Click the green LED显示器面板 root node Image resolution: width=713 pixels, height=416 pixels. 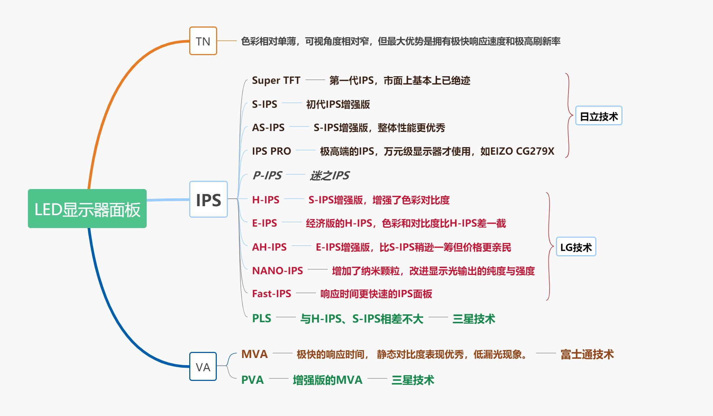87,209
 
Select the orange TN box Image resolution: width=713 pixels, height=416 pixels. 203,41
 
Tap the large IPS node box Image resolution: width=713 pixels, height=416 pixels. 208,199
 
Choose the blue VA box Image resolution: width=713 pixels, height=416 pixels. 203,367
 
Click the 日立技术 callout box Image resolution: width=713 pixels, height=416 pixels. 599,116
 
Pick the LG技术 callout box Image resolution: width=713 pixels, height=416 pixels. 576,247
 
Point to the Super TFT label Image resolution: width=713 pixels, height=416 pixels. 276,80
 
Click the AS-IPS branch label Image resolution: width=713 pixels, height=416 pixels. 268,127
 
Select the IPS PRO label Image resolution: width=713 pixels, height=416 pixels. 271,151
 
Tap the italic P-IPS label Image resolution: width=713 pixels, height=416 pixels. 267,175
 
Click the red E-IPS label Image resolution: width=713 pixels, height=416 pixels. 264,223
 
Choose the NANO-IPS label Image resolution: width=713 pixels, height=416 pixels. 277,271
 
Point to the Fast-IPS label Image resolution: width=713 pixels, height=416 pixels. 271,294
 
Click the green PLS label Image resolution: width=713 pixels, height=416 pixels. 262,318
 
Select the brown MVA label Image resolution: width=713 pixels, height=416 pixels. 254,354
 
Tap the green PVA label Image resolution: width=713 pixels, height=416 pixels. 252,380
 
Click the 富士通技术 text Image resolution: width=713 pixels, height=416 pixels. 587,354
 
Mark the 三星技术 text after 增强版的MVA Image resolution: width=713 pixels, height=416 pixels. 412,380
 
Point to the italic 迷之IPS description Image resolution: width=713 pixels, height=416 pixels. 329,175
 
